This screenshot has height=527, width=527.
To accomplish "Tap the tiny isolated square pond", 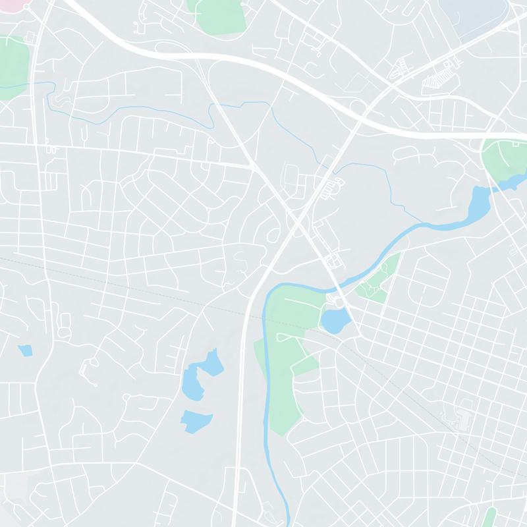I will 25,350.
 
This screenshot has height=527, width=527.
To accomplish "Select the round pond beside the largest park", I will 335,321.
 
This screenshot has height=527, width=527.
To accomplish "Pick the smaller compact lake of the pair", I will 196,420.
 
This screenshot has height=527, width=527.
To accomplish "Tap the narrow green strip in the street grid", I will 489,516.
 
